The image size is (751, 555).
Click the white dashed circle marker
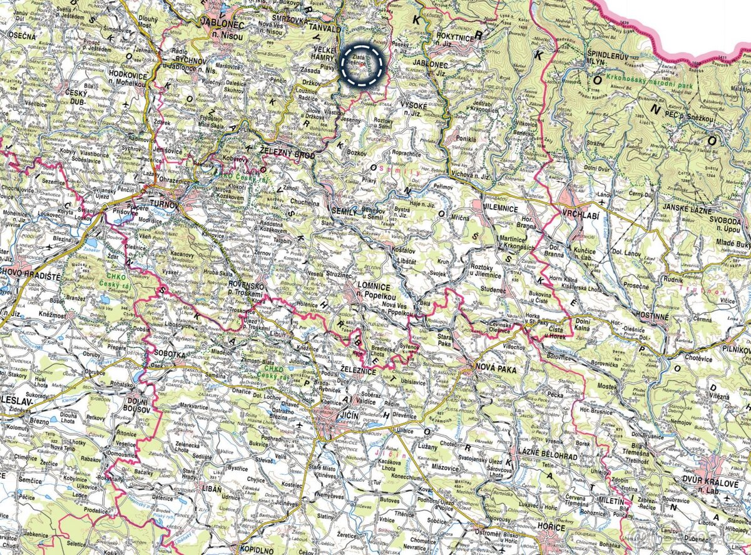(x=361, y=65)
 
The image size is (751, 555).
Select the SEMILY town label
(x=345, y=212)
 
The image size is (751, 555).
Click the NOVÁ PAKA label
(x=496, y=369)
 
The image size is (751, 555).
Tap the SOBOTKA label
(x=169, y=354)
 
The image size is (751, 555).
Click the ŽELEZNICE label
(x=359, y=372)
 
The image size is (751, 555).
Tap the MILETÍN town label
(x=612, y=502)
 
